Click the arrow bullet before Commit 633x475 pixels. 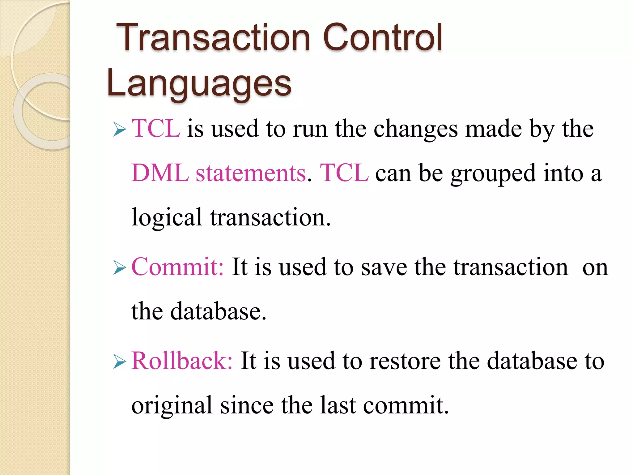(x=120, y=267)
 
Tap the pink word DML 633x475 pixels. (x=160, y=173)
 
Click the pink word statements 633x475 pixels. (x=251, y=173)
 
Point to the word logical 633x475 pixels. (x=167, y=218)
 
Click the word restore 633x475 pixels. (x=405, y=361)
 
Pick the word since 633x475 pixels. (x=247, y=405)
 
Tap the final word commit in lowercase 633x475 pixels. (x=405, y=405)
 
